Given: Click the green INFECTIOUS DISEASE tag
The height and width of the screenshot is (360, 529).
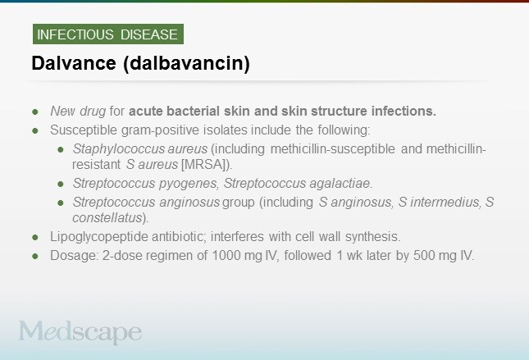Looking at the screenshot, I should coord(107,34).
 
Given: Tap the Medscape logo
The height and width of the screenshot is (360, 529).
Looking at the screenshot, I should coord(80,332).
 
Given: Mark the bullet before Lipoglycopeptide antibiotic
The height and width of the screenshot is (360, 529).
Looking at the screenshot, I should coord(35,236).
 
